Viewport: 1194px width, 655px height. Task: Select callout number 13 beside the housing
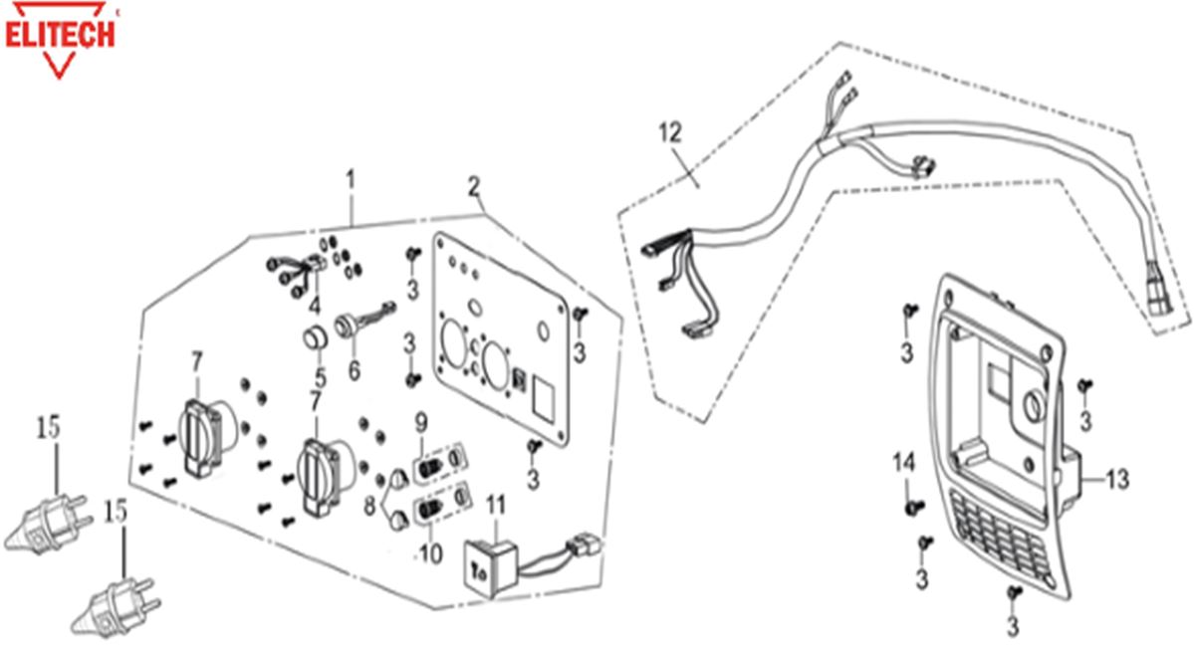(1116, 480)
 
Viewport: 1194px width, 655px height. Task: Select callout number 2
(474, 186)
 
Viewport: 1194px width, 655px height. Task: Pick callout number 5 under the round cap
(320, 377)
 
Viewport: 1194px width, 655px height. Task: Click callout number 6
(355, 372)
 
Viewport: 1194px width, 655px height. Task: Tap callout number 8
(374, 506)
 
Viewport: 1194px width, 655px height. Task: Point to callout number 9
(421, 418)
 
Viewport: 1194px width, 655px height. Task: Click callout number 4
(315, 304)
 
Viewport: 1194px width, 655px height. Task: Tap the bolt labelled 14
(908, 507)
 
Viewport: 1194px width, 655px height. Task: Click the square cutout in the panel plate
(546, 392)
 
